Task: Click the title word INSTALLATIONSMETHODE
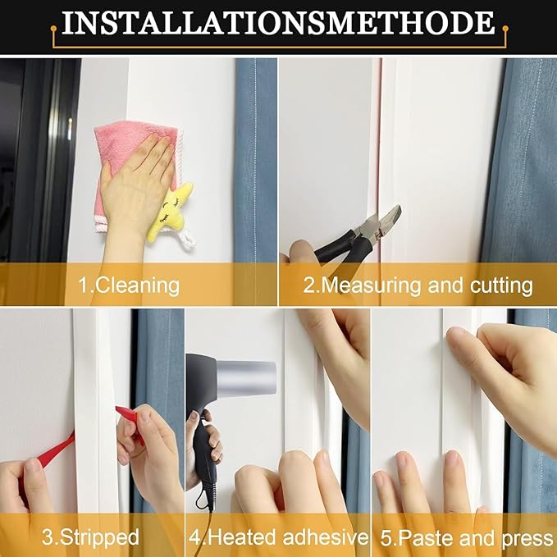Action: tap(278, 24)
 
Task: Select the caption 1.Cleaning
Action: tap(128, 285)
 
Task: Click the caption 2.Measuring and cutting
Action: tap(418, 285)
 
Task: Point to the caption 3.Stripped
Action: tap(90, 537)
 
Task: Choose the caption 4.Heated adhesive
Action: tap(277, 537)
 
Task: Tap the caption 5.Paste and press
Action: tap(465, 537)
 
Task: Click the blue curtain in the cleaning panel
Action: tap(255, 164)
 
